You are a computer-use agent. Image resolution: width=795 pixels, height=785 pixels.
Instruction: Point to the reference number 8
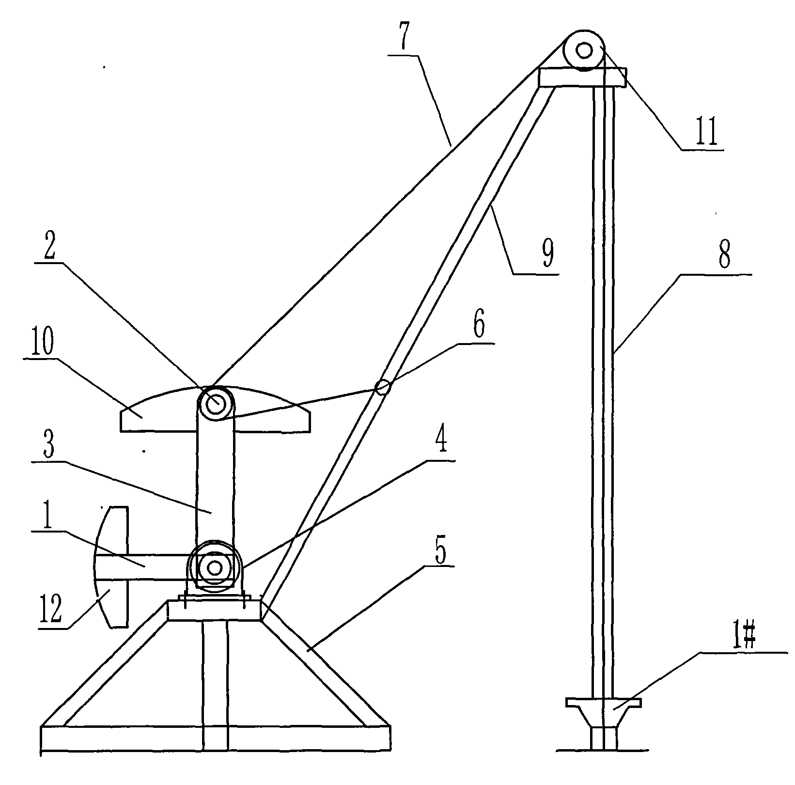coord(724,257)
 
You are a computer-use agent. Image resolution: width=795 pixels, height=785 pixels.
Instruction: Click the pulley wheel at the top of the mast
coord(584,50)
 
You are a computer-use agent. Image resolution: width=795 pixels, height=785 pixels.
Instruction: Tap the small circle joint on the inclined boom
coord(382,387)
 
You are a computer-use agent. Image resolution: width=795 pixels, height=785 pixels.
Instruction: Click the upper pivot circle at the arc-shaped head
coord(215,402)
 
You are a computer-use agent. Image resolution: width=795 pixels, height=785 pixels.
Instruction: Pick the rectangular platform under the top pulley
coord(582,78)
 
